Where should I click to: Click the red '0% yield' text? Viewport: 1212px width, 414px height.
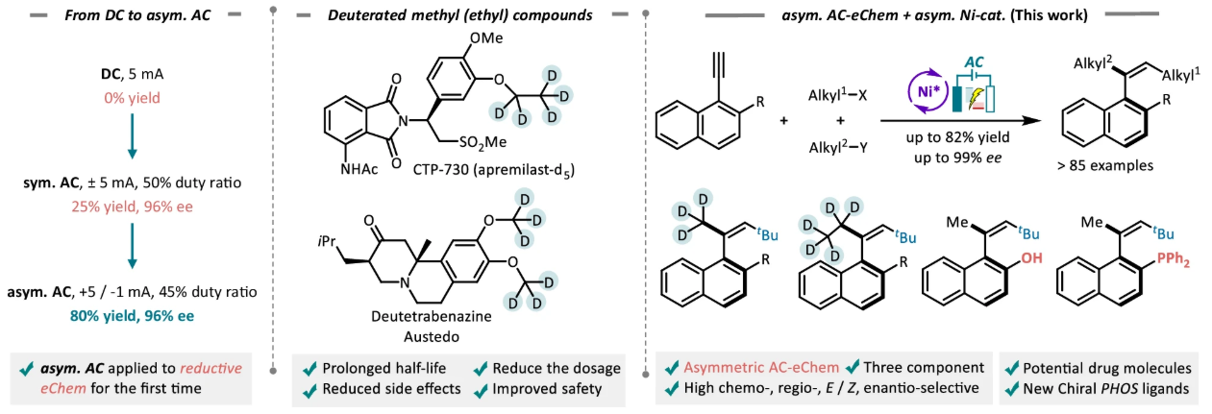pos(132,98)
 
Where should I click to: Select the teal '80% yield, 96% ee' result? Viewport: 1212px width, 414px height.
pos(132,316)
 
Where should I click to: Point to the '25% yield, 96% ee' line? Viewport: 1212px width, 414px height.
pos(132,207)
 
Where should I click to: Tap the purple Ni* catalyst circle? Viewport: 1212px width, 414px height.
pos(928,91)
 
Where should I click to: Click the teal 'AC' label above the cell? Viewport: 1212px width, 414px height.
pos(974,62)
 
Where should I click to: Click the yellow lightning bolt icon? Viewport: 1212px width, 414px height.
pos(974,97)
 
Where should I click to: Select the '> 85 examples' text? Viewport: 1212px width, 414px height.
pos(1105,165)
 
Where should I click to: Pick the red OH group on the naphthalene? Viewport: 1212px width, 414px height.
pos(1031,257)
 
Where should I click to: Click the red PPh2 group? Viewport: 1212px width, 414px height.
pos(1173,260)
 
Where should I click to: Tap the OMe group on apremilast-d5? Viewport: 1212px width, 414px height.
pos(486,37)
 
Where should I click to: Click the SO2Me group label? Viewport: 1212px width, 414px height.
pos(482,143)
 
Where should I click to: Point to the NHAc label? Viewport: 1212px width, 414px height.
pos(359,170)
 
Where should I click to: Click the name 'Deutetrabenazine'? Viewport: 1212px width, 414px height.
pos(432,316)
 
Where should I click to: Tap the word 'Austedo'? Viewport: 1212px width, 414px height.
pos(432,337)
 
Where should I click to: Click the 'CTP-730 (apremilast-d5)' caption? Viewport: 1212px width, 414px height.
pos(493,171)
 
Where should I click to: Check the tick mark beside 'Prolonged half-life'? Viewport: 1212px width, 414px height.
pos(310,369)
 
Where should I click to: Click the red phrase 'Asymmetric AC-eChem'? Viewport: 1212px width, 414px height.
pos(761,368)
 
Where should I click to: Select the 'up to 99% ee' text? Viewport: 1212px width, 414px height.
pos(957,158)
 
